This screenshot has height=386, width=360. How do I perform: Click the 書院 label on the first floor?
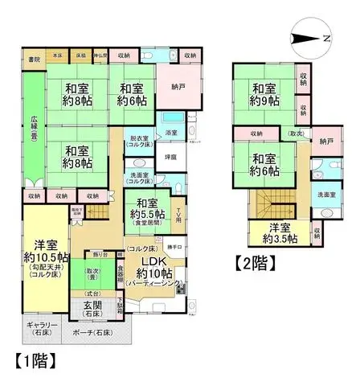pos(33,60)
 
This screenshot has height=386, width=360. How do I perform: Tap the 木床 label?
pos(58,55)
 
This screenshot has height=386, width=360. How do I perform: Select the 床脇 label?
pos(81,55)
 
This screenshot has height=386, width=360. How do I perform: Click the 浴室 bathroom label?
pos(171,132)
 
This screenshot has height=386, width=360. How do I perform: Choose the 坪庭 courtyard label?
pos(170,157)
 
